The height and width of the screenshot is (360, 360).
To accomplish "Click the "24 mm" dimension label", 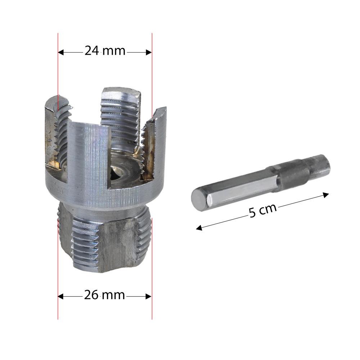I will (x=105, y=51).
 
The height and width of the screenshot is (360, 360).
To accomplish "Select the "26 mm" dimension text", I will (x=104, y=296).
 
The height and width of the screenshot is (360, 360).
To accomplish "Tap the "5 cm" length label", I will (x=263, y=211).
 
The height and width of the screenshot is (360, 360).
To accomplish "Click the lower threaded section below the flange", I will (x=104, y=241).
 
